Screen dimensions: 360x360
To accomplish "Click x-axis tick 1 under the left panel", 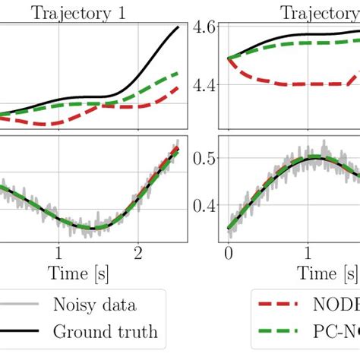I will point(58,251).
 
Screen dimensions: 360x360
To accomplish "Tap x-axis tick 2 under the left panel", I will point(137,251).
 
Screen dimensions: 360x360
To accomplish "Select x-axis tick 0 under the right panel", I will point(228,251).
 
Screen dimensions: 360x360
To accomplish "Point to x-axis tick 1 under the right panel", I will point(307,251).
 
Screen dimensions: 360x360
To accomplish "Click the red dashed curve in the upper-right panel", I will point(289,84).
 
